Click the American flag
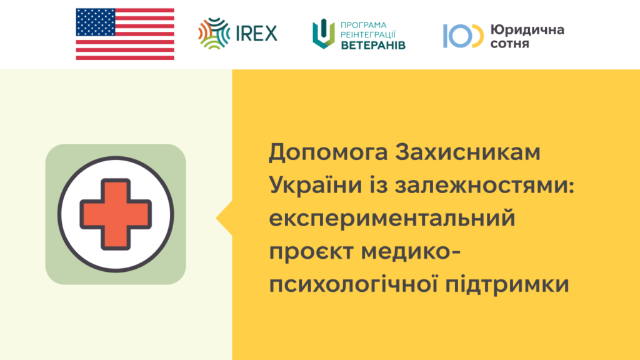pyautogui.click(x=125, y=34)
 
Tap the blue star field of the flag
pyautogui.click(x=96, y=22)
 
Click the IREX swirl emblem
pyautogui.click(x=214, y=34)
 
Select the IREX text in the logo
pyautogui.click(x=257, y=34)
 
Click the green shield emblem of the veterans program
pyautogui.click(x=324, y=34)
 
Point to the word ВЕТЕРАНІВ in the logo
pyautogui.click(x=373, y=45)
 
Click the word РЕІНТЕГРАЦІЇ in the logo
pyautogui.click(x=368, y=35)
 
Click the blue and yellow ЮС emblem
pyautogui.click(x=463, y=36)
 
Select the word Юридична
pyautogui.click(x=527, y=30)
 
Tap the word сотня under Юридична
pyautogui.click(x=510, y=44)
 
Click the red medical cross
pyautogui.click(x=116, y=214)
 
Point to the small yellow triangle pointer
pyautogui.click(x=224, y=218)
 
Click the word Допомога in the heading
pyautogui.click(x=328, y=152)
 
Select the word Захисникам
pyautogui.click(x=467, y=152)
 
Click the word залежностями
pyautogui.click(x=484, y=186)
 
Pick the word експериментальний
pyautogui.click(x=392, y=218)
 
